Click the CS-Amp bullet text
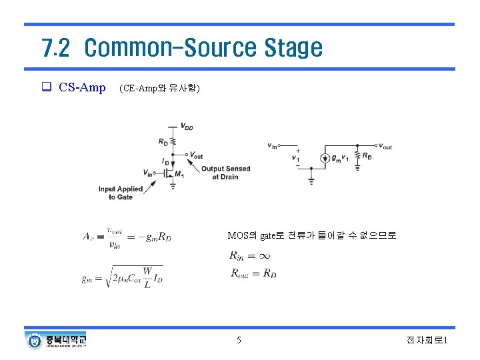click(81, 87)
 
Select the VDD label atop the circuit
click(187, 126)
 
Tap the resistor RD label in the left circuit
click(163, 141)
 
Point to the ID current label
click(165, 161)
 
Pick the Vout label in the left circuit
click(197, 155)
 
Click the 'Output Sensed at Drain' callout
click(225, 173)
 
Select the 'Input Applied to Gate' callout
click(121, 193)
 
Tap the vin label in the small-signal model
click(272, 145)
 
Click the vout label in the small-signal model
click(384, 146)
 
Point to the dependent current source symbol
click(325, 158)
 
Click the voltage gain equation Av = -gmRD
click(127, 236)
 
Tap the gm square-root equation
click(123, 277)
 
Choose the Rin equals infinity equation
click(249, 255)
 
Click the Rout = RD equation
click(253, 273)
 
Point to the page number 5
click(239, 341)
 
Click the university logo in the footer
click(56, 341)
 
